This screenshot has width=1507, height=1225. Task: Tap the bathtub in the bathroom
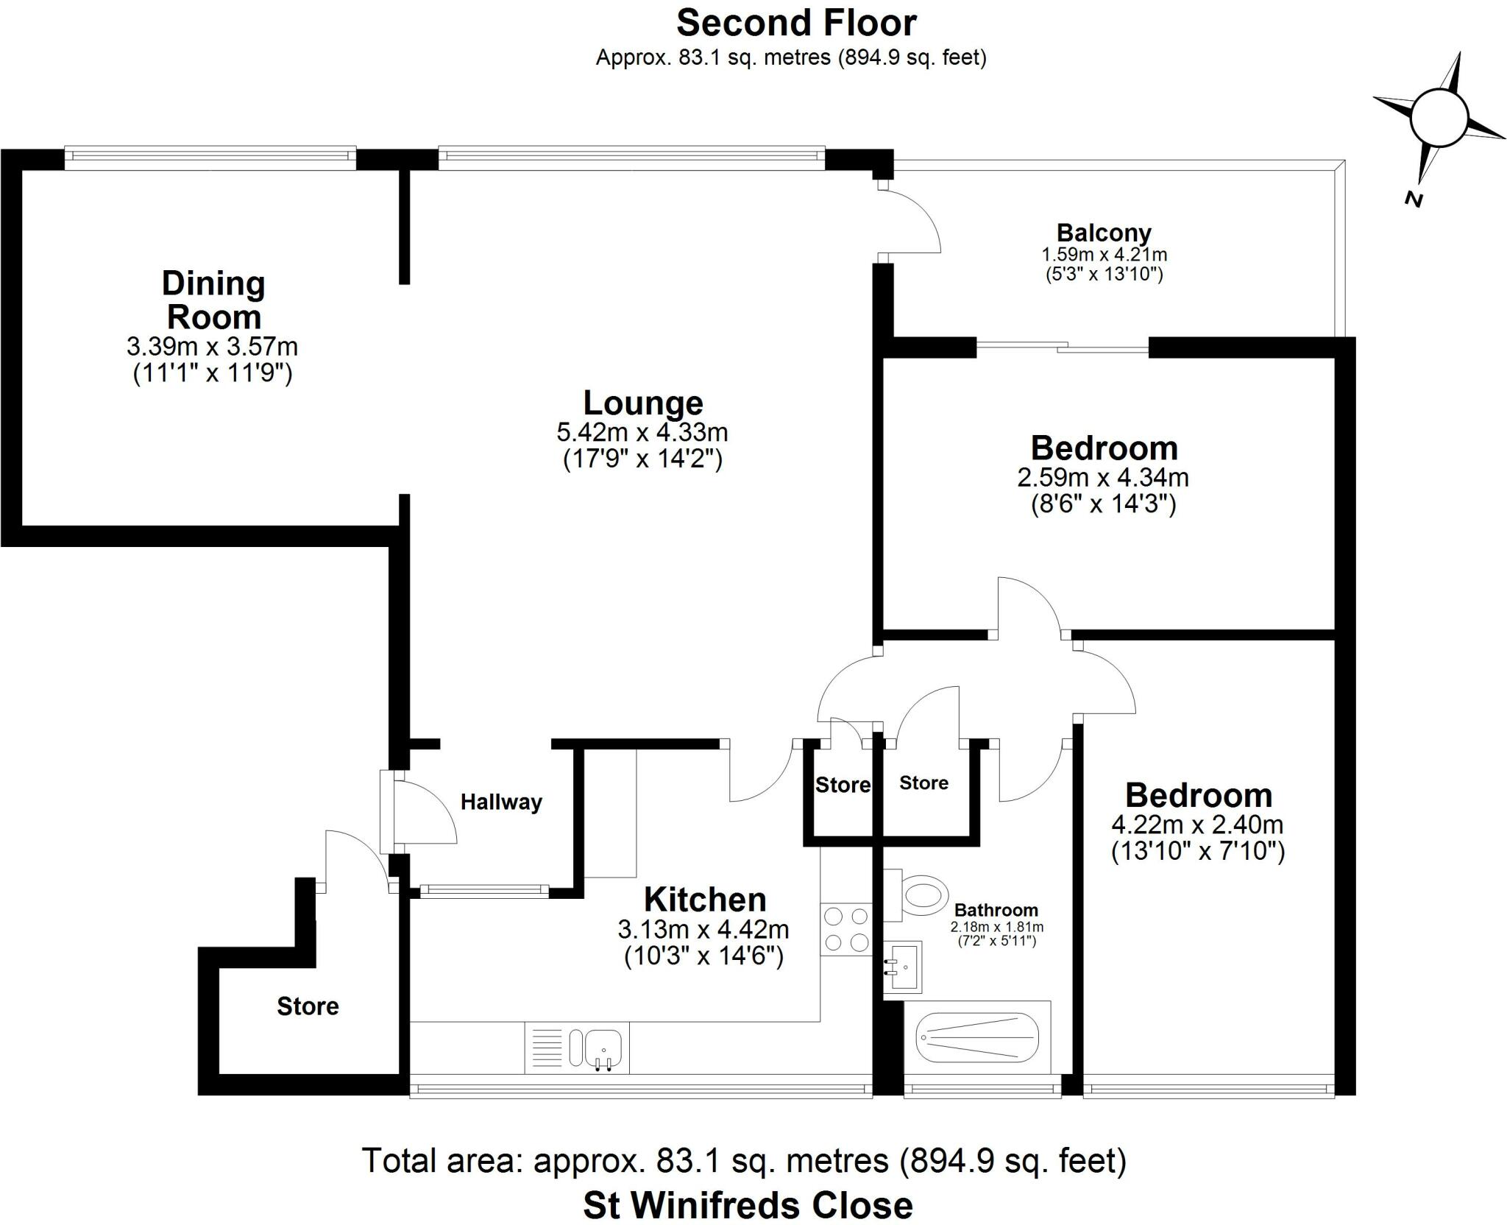976,1037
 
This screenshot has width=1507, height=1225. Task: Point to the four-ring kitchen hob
846,929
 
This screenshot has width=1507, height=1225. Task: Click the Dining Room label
213,300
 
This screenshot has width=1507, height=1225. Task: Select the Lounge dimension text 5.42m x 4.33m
642,431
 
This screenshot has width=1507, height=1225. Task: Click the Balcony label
1103,233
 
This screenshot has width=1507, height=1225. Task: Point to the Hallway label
501,802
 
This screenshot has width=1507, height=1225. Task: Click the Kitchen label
704,900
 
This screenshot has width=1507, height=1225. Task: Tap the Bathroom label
996,910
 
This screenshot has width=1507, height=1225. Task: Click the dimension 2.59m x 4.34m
1103,477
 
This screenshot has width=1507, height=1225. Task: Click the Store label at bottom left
308,1006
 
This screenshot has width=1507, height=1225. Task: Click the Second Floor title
796,24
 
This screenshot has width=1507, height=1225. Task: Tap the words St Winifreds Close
748,1205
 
